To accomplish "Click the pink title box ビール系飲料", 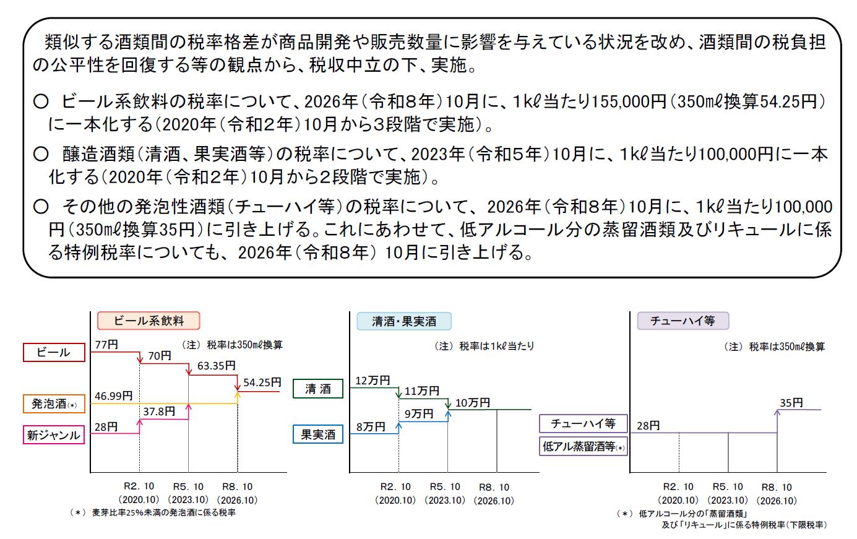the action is pos(149,321).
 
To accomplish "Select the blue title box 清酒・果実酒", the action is pos(404,321).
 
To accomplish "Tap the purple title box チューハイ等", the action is pos(683,321).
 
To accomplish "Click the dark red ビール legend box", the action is pos(54,352).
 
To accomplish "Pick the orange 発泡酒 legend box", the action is pos(54,403).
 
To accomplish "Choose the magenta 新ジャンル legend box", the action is pos(54,435).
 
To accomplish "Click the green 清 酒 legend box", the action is pos(318,389).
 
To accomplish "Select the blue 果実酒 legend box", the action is pos(318,434).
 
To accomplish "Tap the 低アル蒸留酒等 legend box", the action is pos(584,446).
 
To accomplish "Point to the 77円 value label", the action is pos(107,344).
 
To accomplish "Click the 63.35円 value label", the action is pos(217,366).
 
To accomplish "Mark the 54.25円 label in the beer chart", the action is pos(262,382).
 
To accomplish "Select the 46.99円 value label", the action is pos(114,395).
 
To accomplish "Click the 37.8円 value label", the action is pos(159,412).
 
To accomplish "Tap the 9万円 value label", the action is pos(419,413).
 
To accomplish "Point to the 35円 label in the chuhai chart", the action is pos(791,402).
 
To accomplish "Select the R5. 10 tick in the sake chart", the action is pos(445,486).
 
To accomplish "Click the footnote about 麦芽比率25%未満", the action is pos(153,512).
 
